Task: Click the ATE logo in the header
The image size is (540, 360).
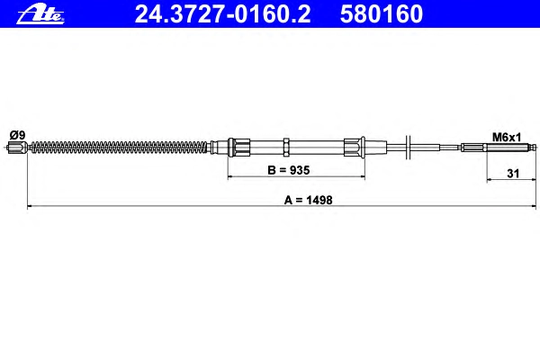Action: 40,14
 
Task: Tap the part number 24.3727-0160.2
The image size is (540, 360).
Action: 222,14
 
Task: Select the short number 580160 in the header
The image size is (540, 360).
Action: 382,14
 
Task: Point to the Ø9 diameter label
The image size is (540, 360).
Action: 17,135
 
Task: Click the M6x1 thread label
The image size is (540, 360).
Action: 507,138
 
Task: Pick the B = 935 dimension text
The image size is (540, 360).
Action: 289,170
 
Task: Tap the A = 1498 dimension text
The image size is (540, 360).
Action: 308,200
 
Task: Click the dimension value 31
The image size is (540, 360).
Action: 513,174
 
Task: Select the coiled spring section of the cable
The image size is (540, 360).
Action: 120,147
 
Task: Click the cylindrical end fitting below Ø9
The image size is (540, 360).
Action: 18,147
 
